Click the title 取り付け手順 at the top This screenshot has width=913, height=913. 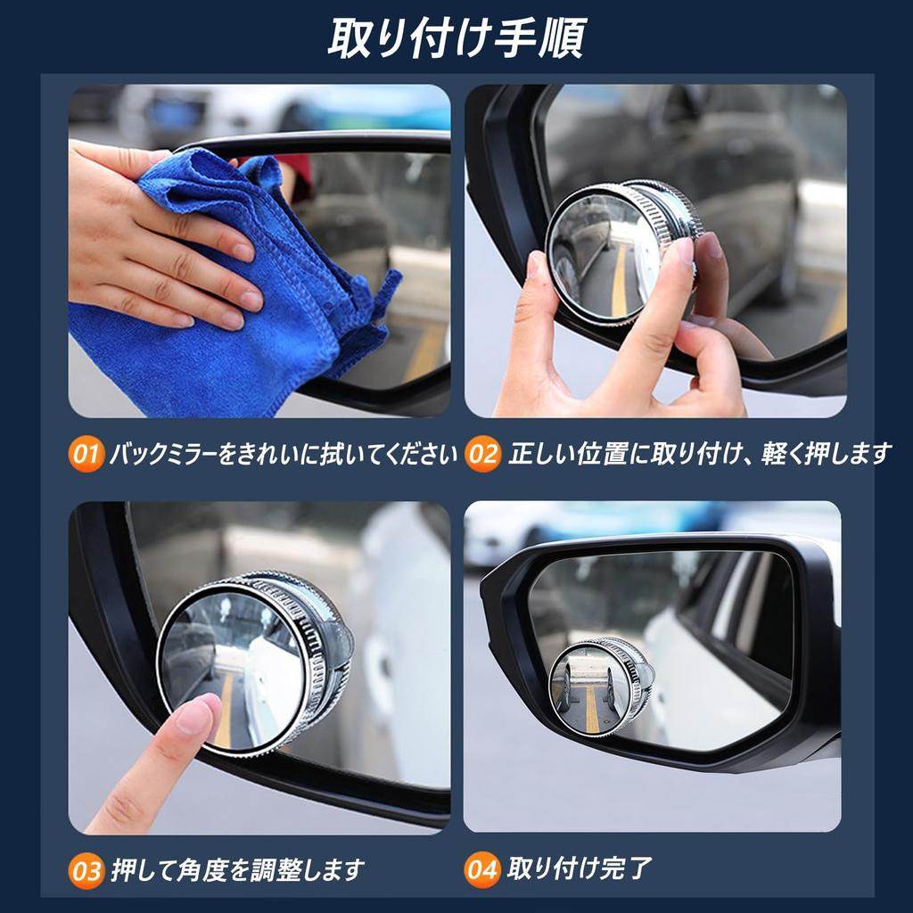click(456, 37)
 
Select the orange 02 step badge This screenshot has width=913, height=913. click(483, 456)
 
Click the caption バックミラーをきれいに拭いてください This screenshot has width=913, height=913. click(283, 456)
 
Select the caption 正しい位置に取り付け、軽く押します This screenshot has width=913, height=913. click(699, 456)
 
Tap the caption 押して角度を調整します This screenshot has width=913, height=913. click(237, 869)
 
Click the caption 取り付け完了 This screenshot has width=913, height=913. click(580, 868)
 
